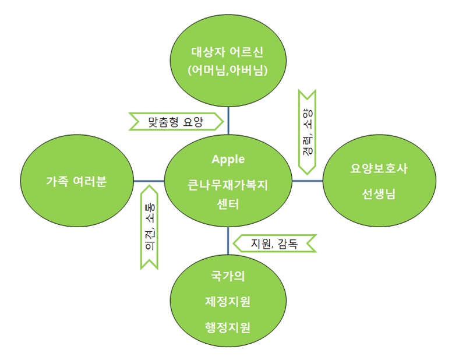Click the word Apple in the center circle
click(228, 160)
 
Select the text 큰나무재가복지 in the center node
click(228, 185)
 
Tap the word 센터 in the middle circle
click(228, 204)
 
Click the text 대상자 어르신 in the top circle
click(227, 52)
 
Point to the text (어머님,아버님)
click(227, 70)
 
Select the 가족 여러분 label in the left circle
click(76, 182)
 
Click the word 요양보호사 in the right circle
click(379, 168)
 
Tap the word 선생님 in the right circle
click(379, 194)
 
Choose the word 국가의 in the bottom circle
click(228, 276)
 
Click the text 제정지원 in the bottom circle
click(228, 302)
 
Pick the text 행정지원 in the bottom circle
click(228, 327)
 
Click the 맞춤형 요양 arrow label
click(176, 122)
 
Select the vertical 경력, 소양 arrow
click(307, 132)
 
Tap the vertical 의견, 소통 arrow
click(149, 227)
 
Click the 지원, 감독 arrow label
click(274, 243)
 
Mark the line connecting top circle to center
click(228, 121)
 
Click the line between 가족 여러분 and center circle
click(149, 181)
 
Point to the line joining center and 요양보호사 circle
click(308, 181)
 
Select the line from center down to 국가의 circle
click(228, 241)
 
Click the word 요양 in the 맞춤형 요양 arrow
click(193, 122)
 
